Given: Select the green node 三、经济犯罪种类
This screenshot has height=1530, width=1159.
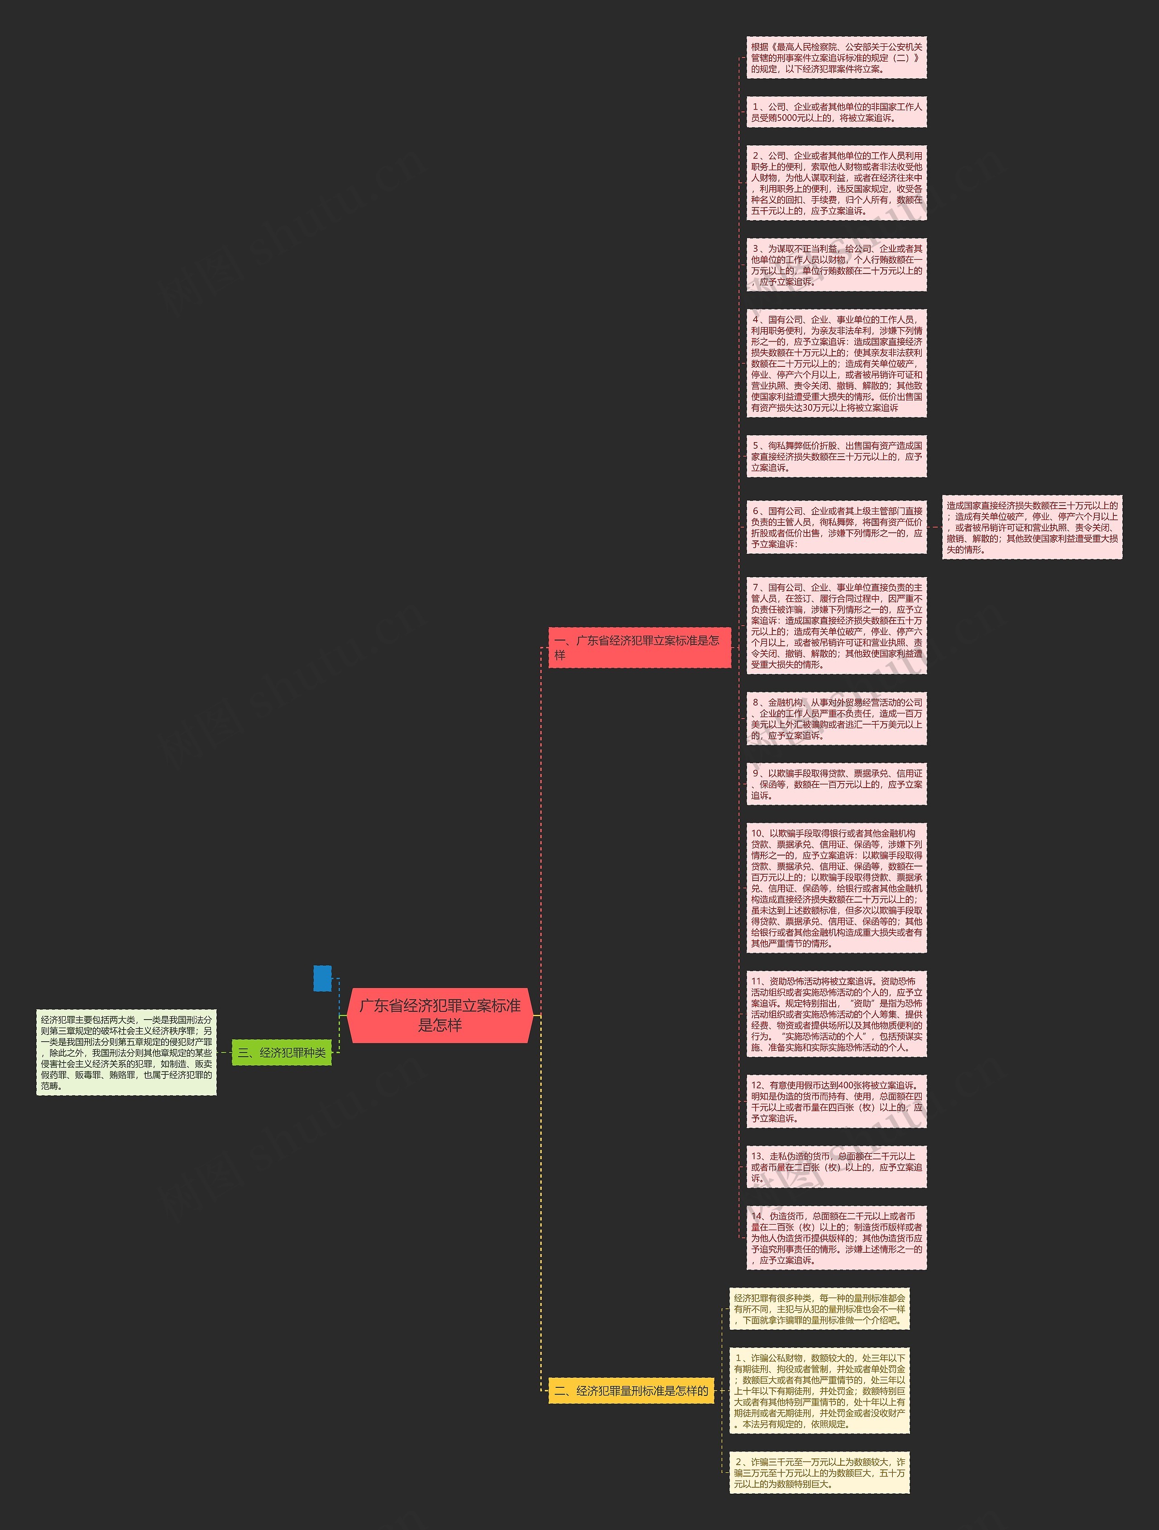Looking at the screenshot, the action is [282, 1052].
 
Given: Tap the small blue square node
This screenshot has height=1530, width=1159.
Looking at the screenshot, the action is [322, 978].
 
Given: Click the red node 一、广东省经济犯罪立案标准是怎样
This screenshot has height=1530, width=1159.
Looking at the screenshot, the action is [639, 647].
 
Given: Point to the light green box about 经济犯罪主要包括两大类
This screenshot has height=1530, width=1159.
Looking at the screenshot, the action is [127, 1052].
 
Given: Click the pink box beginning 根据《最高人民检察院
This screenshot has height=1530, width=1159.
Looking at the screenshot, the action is [836, 58].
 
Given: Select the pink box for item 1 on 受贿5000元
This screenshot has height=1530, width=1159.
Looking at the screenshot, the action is [836, 112].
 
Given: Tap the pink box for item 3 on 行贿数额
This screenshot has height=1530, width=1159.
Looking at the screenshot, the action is [836, 265].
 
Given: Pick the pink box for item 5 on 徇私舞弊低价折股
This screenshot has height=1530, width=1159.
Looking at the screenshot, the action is [836, 457].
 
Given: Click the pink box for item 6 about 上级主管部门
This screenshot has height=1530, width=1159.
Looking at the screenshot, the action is [836, 527].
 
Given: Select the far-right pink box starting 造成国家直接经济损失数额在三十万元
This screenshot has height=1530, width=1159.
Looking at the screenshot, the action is [1032, 527].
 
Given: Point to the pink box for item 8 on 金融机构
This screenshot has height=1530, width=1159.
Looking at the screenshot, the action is [836, 719].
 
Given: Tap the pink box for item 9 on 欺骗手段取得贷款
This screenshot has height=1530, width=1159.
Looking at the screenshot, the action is [836, 784].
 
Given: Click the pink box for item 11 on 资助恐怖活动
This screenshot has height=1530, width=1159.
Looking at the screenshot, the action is [836, 1014].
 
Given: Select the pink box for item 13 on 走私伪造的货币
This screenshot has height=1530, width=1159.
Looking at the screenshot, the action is [836, 1167].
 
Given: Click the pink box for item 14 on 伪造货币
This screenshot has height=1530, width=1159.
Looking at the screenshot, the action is [836, 1237].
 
